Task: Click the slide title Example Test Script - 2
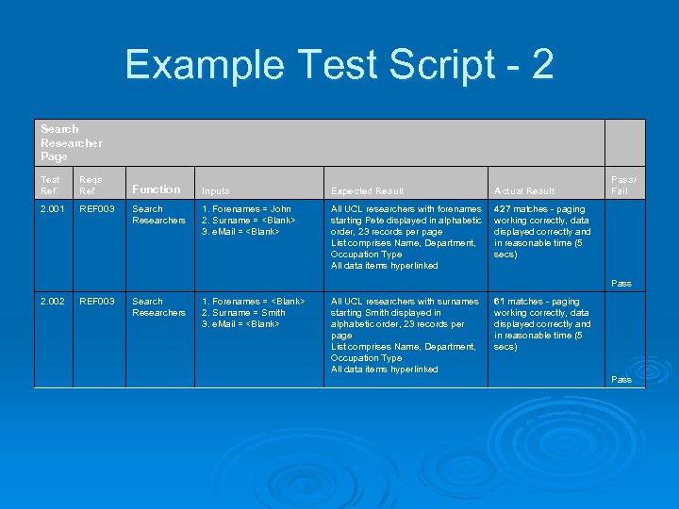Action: (339, 65)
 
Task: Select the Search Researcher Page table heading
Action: (72, 142)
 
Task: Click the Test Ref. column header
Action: (51, 185)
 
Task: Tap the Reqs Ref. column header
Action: (91, 185)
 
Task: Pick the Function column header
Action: (156, 189)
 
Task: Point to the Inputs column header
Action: (216, 191)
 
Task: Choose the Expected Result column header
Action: (367, 191)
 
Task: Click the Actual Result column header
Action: (524, 191)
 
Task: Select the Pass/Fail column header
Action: (622, 185)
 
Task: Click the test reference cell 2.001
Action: (54, 209)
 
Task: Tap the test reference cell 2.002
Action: (54, 302)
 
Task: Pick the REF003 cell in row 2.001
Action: (97, 209)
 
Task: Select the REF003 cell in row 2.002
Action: (97, 302)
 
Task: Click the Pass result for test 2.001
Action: (621, 283)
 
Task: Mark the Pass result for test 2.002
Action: (621, 379)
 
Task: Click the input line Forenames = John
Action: (246, 209)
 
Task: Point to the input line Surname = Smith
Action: (243, 313)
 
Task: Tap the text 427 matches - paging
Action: (539, 209)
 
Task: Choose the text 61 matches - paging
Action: (537, 302)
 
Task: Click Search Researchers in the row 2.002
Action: (158, 307)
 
